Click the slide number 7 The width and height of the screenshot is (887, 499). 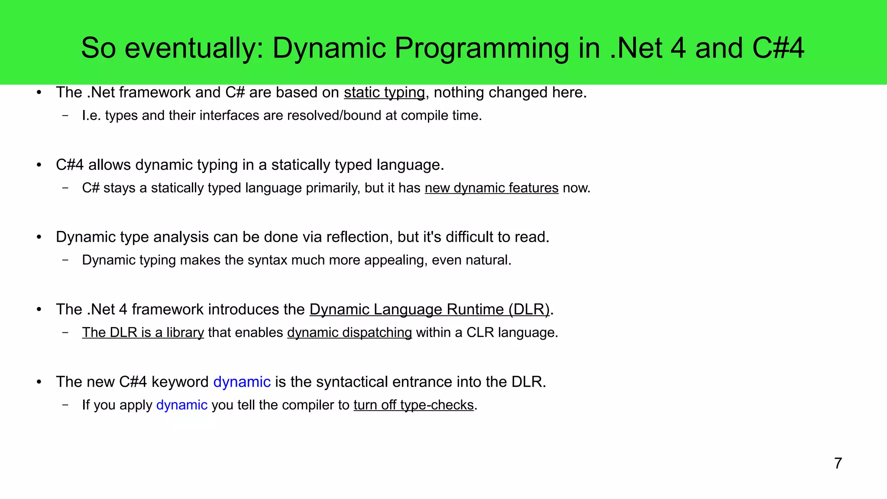(838, 463)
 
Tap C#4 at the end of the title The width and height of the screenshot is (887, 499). (778, 48)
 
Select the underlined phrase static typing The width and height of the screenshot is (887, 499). (384, 93)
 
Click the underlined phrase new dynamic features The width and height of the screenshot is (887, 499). (492, 188)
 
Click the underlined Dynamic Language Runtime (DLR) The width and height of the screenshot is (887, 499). (429, 309)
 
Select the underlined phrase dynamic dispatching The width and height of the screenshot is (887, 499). (349, 333)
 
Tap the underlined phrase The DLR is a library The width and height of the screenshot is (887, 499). (143, 333)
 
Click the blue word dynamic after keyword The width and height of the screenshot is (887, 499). (242, 382)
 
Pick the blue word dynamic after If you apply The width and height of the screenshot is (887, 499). (181, 405)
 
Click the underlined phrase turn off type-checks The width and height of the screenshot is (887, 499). (414, 405)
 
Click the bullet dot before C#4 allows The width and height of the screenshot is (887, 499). (39, 165)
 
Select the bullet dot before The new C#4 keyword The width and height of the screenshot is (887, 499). (39, 382)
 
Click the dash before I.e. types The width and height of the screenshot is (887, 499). (65, 116)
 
